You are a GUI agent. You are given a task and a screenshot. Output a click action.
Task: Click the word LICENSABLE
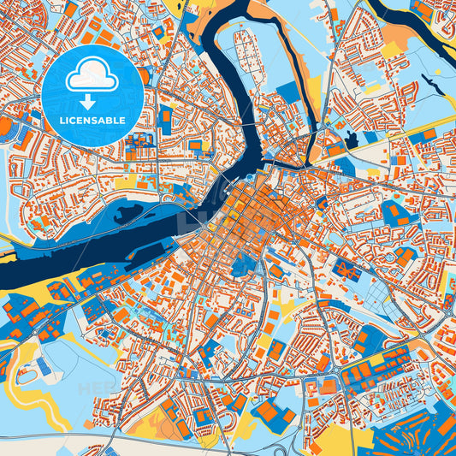tap(92, 121)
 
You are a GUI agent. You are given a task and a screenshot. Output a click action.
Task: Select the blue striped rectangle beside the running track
tap(44, 367)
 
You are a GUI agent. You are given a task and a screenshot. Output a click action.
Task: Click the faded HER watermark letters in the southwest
tap(94, 389)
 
